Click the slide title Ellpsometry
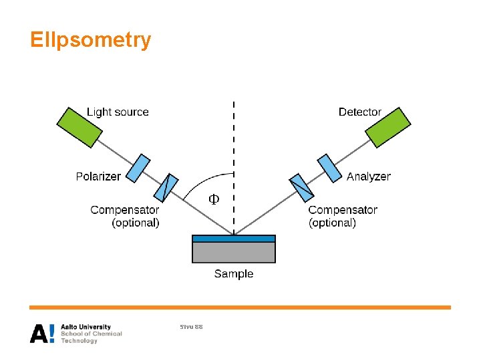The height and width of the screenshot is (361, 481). (x=91, y=41)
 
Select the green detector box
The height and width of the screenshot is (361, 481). (x=388, y=126)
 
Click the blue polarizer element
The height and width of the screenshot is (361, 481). (x=139, y=168)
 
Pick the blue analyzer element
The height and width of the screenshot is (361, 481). (x=328, y=168)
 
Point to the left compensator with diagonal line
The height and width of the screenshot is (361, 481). (x=168, y=187)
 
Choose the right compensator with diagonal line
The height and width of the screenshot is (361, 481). (x=301, y=188)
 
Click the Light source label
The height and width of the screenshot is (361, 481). (x=118, y=112)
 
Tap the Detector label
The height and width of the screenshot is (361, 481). (x=359, y=112)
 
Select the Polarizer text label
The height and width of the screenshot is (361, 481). (x=98, y=176)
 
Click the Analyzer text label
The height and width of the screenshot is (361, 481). (x=368, y=176)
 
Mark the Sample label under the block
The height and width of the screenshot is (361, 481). (x=234, y=273)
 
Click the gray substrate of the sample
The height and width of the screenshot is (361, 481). (x=234, y=252)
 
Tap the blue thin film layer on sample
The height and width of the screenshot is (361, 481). (x=234, y=238)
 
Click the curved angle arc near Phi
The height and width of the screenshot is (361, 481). (x=200, y=179)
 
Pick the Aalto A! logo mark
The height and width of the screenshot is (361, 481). (x=43, y=334)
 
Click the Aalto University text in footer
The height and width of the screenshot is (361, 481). (x=86, y=327)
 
